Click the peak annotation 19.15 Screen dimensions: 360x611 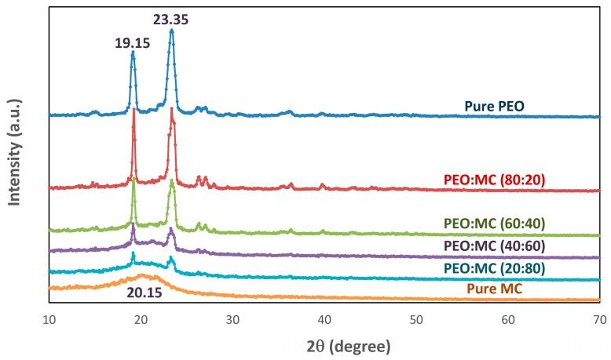click(132, 43)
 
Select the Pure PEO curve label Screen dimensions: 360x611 click(494, 106)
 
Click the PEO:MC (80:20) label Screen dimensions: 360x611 click(494, 180)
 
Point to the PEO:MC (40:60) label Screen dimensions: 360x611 click(494, 246)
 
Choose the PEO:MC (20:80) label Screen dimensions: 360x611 click(494, 268)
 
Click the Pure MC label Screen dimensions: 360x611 click(494, 289)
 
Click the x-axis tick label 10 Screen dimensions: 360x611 click(49, 320)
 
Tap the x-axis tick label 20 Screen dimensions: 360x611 click(141, 320)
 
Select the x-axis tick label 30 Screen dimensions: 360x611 click(232, 320)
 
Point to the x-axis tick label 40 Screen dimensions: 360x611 click(324, 320)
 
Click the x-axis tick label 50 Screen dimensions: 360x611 click(415, 320)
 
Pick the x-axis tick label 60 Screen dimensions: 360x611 click(507, 320)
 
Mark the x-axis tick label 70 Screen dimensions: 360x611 click(598, 320)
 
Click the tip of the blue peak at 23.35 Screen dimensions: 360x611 click(171, 31)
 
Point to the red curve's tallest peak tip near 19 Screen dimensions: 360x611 click(134, 110)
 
